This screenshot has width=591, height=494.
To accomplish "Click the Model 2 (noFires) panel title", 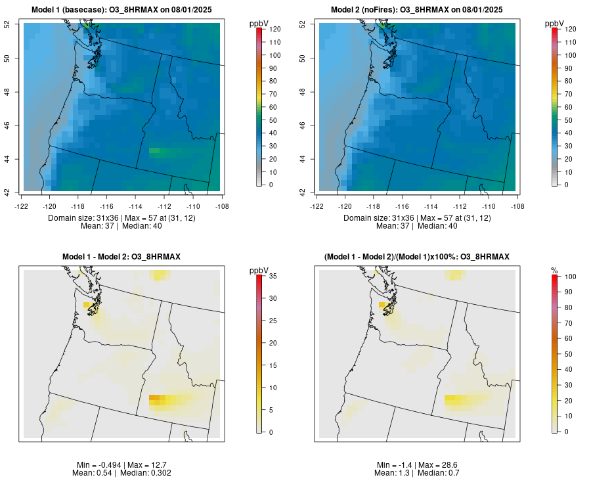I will [x=417, y=10].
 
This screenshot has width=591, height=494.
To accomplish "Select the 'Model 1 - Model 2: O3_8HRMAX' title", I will [x=121, y=256].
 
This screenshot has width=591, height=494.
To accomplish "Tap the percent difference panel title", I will [x=417, y=256].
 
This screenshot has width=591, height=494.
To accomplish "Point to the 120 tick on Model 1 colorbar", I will [x=275, y=30].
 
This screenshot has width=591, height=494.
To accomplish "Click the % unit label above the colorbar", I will [x=554, y=270].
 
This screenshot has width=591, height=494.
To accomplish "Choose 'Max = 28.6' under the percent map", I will [x=436, y=464].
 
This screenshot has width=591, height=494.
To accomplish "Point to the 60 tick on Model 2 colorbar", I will [x=569, y=107].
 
